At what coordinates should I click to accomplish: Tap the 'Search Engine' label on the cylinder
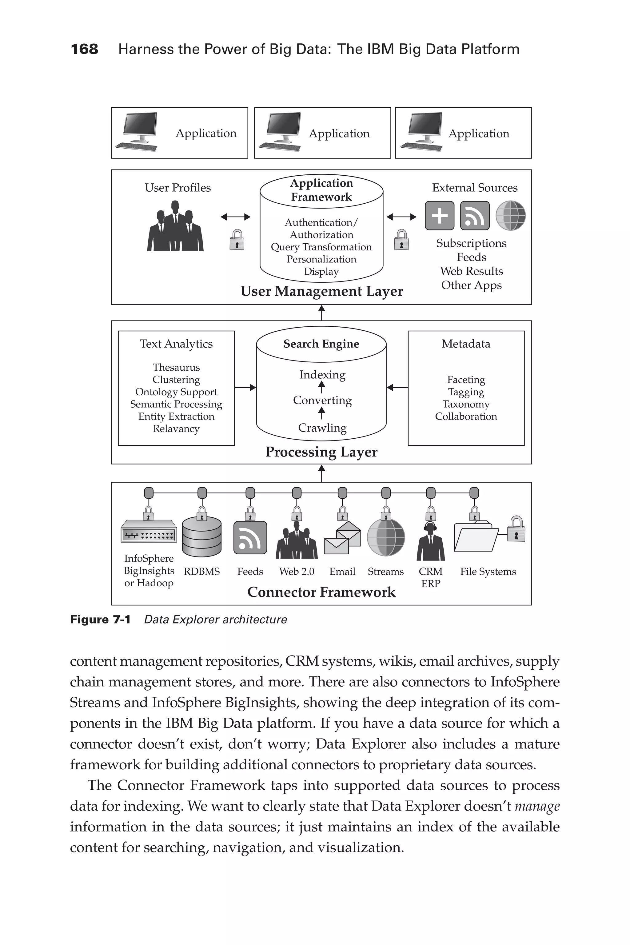coord(321,344)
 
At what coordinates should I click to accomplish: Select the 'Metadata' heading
coord(466,344)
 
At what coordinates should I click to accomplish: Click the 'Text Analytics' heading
coord(176,344)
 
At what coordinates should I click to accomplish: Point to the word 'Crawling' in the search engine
coord(322,428)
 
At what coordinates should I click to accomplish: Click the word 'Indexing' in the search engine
coord(322,375)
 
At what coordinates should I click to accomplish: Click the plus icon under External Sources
coord(440,216)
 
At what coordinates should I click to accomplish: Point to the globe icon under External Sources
coord(510,216)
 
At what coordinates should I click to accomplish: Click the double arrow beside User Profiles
coord(235,217)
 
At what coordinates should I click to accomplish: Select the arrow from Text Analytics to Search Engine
coord(245,388)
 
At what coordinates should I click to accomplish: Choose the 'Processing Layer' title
coord(321,452)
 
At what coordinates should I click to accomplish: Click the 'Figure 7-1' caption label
coord(101,620)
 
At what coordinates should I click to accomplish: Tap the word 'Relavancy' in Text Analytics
coord(176,429)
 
